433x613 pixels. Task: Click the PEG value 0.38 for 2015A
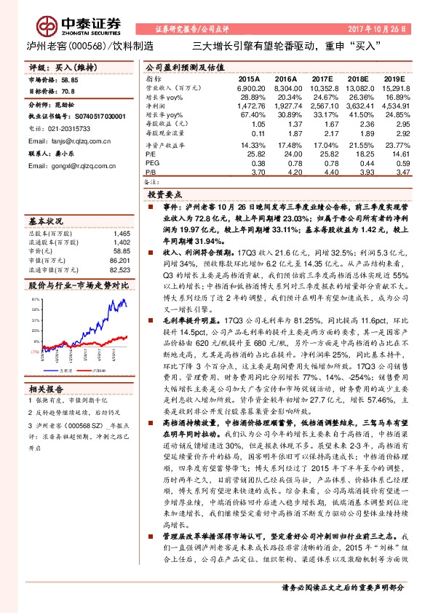click(x=257, y=164)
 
